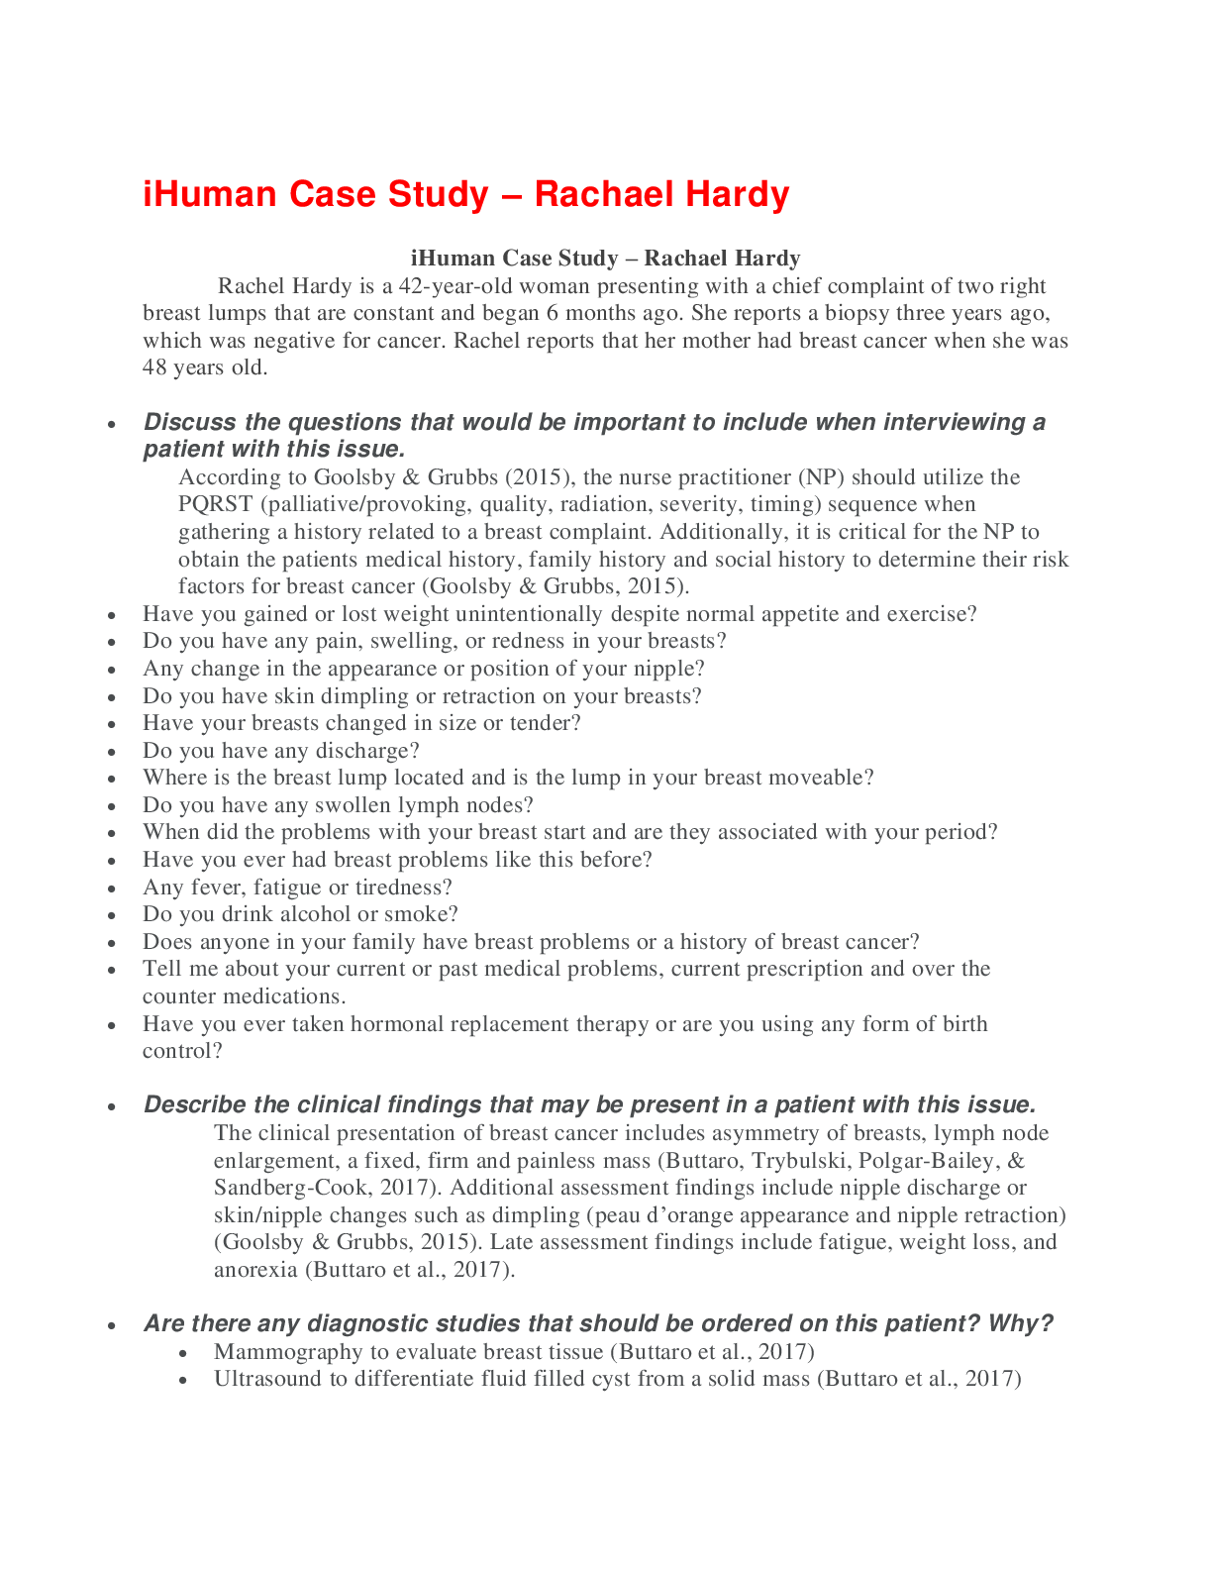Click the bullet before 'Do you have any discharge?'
tap(113, 753)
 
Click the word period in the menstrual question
tap(958, 832)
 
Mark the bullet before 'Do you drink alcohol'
tap(113, 916)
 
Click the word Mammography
tap(288, 1352)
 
